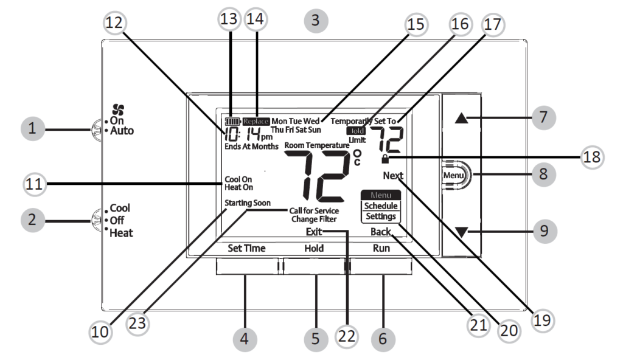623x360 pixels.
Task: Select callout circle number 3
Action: pos(315,20)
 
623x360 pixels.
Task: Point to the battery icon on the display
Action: pos(234,122)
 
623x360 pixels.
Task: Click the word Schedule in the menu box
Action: pos(380,206)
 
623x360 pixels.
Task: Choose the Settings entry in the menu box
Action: pos(380,216)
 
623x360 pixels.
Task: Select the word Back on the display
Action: pos(380,232)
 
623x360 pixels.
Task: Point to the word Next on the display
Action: pos(394,176)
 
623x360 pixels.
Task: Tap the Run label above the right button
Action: pos(381,248)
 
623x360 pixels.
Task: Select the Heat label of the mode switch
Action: pos(122,232)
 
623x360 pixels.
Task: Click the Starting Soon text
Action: pos(247,202)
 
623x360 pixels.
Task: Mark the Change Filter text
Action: pos(314,218)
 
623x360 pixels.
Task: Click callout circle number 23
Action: pos(139,323)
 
